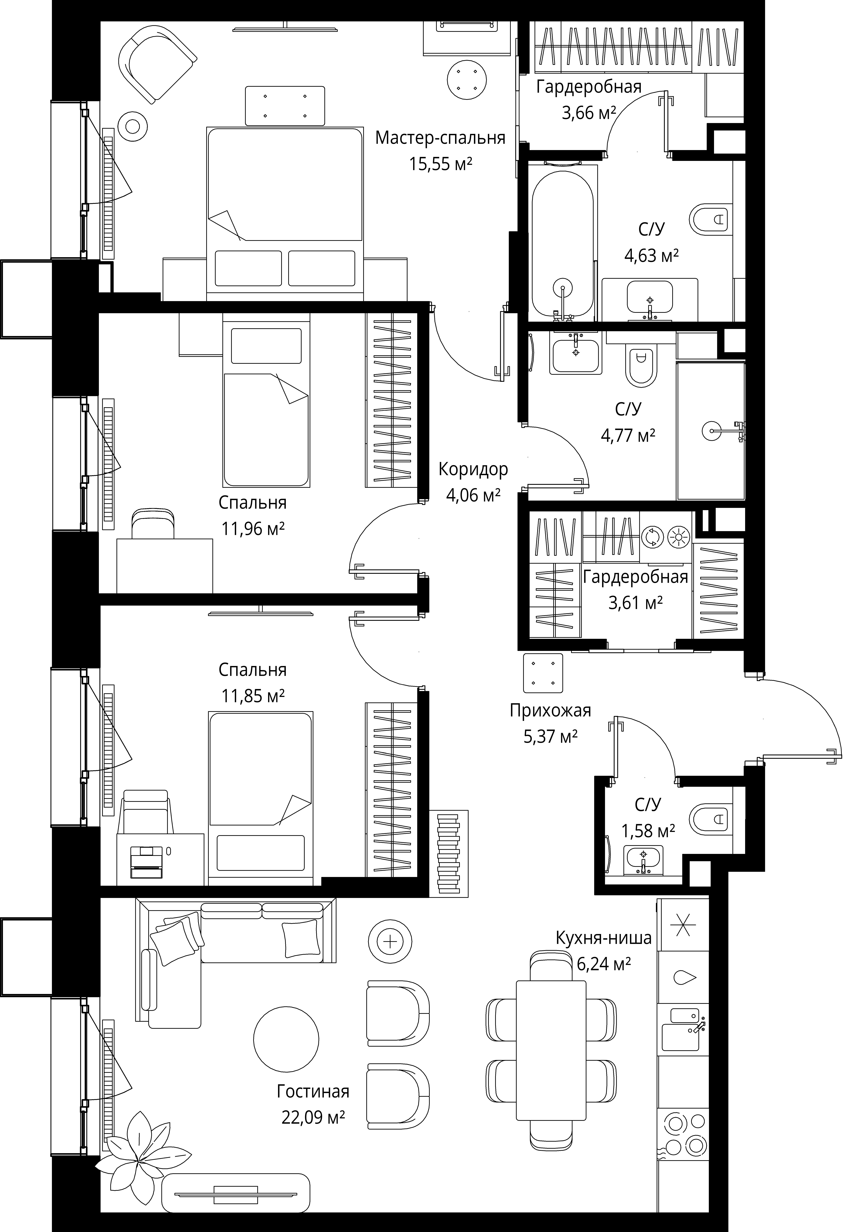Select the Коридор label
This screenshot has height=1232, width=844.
473,469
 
